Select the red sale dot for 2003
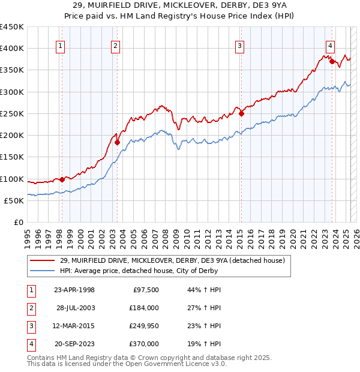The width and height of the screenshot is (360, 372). tap(117, 142)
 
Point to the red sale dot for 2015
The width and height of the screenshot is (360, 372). tap(241, 113)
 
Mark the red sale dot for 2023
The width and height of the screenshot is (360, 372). tap(332, 61)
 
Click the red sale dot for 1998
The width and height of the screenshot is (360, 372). tap(62, 179)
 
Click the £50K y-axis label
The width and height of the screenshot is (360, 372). tap(14, 200)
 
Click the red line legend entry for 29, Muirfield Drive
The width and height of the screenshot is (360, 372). tap(167, 260)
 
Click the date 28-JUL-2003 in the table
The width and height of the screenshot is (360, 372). tap(75, 308)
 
